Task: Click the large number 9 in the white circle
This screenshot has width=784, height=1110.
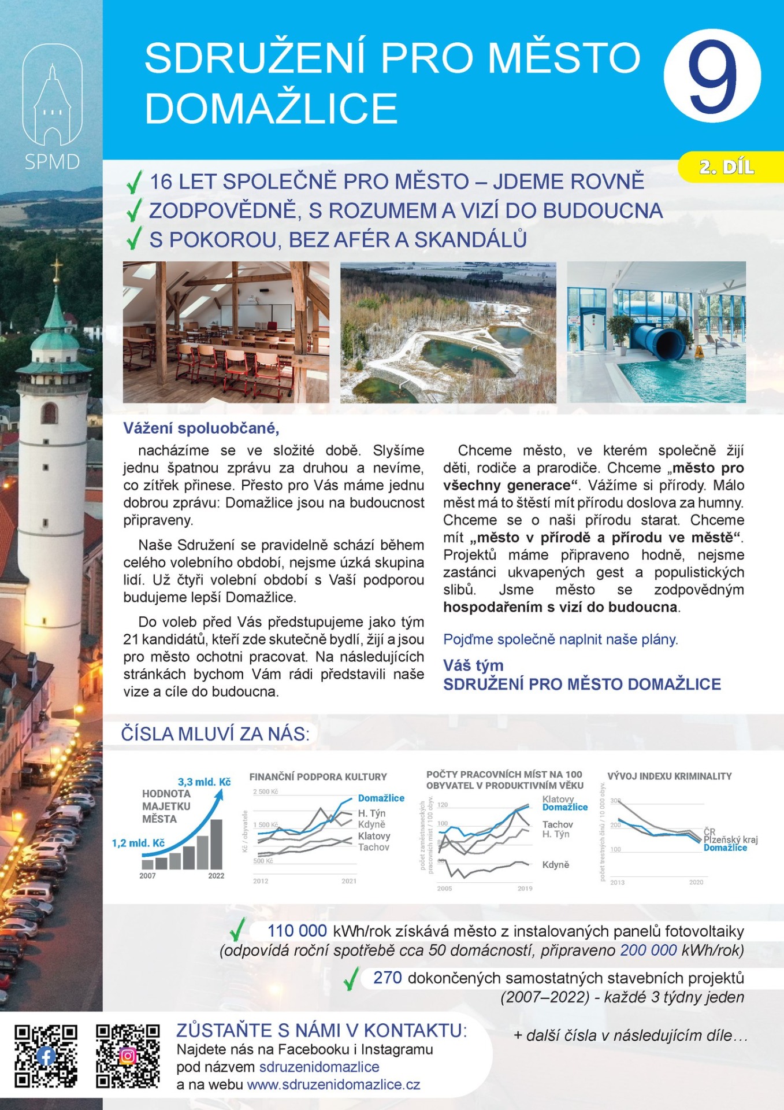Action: click(712, 76)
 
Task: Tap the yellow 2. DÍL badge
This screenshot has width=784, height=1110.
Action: click(726, 167)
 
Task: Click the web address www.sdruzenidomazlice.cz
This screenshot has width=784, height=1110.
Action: click(333, 1085)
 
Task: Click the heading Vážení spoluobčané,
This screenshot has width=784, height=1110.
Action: click(201, 428)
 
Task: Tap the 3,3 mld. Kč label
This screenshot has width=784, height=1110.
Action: click(204, 782)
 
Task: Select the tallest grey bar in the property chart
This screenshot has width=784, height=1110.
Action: click(216, 844)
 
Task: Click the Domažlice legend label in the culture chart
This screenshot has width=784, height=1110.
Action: click(381, 798)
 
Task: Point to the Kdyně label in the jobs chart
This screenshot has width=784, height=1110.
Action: click(555, 865)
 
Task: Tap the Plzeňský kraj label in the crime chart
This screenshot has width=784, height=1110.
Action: click(730, 839)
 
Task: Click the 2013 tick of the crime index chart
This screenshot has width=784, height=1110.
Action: click(617, 882)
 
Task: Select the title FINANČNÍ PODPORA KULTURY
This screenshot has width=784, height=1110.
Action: click(318, 777)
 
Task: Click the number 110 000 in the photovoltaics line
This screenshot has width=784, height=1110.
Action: click(297, 931)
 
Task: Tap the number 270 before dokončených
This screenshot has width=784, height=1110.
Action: click(387, 978)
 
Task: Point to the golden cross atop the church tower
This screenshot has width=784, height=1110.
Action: click(56, 267)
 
